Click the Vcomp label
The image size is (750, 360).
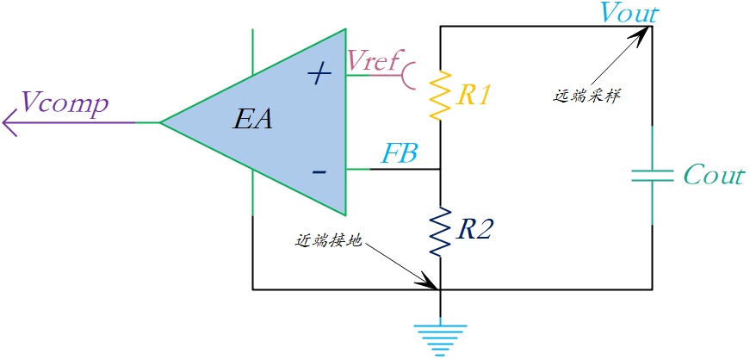[x=65, y=104]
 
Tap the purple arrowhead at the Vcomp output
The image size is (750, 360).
[x=9, y=122]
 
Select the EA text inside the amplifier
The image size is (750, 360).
[x=252, y=121]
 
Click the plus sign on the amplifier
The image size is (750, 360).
[x=319, y=74]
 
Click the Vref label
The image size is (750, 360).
[x=373, y=59]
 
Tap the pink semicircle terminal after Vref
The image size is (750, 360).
[x=409, y=75]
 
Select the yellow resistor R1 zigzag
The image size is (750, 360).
[x=440, y=96]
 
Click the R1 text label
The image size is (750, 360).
[x=474, y=96]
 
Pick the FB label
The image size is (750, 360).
[x=400, y=154]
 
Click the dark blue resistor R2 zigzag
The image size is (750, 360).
[x=440, y=233]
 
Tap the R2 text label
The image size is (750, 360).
[x=474, y=231]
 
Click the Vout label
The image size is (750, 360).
[x=630, y=14]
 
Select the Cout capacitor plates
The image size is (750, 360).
[x=652, y=176]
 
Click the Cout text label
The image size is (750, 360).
[x=714, y=175]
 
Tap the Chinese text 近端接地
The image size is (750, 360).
[x=329, y=241]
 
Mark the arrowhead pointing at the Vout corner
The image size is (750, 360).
[x=642, y=34]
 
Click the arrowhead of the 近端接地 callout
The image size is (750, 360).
[x=429, y=281]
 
